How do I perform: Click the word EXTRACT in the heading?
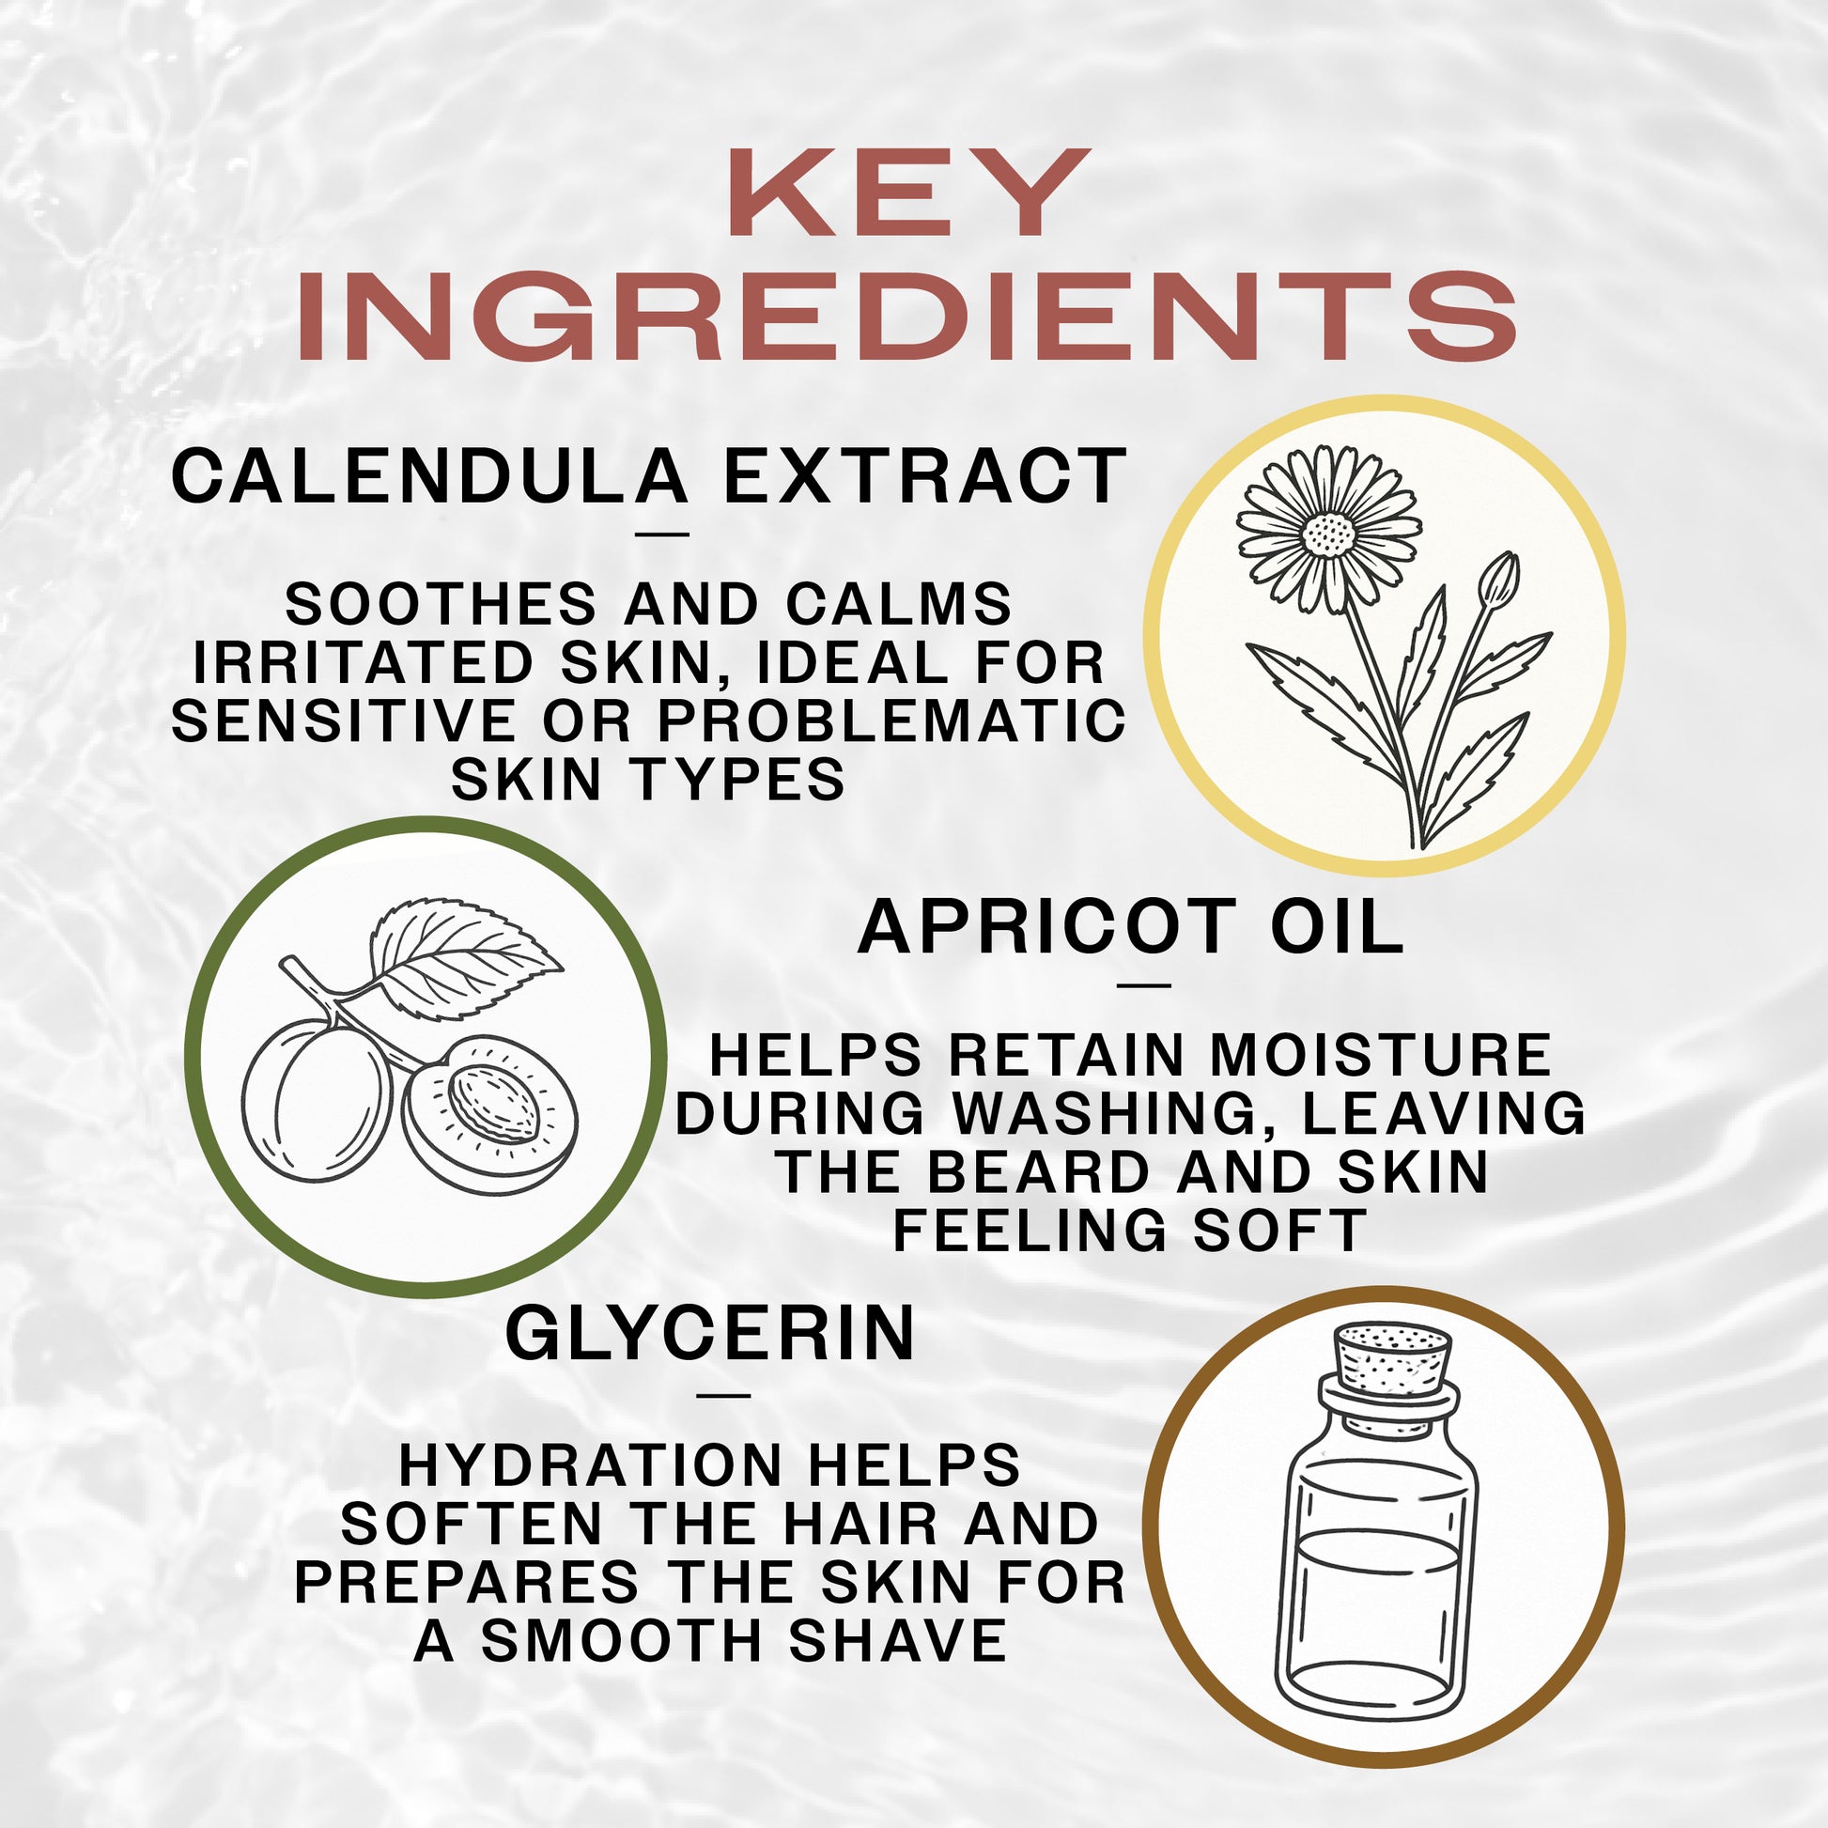coord(924,478)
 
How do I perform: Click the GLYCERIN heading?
coord(710,1334)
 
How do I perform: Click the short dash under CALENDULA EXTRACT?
coord(662,535)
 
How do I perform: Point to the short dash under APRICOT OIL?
coord(1143,986)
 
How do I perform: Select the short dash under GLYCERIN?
coord(723,1395)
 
